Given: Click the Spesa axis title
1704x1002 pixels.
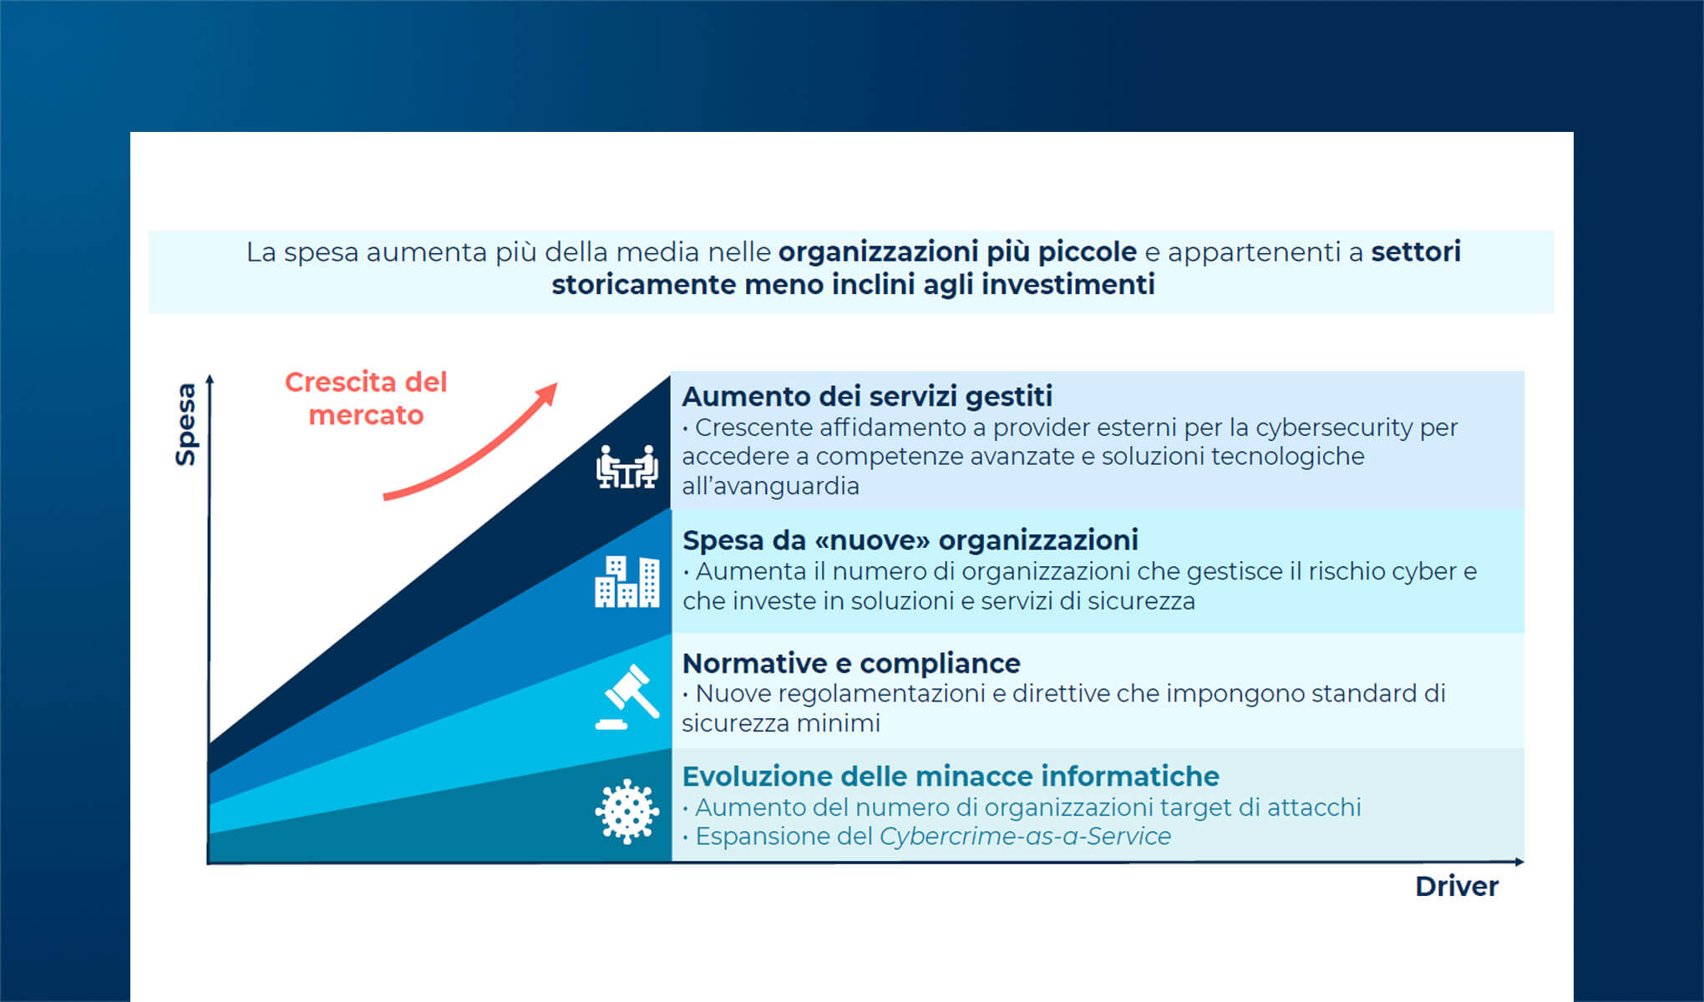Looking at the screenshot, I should (185, 424).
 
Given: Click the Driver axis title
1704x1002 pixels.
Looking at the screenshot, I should (1457, 886).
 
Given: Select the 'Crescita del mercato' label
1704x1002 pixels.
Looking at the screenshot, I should (366, 398).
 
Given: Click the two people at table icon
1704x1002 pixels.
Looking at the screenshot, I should (626, 467).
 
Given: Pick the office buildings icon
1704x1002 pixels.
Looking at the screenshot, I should (626, 582).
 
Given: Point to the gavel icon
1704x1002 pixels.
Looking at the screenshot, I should (628, 697).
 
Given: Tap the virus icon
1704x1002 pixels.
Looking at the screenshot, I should (626, 812).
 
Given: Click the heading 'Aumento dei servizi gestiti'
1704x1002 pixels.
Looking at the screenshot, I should (867, 396).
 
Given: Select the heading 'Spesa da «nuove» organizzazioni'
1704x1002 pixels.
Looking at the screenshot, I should (910, 540).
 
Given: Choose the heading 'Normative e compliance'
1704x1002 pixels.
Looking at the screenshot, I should (851, 663).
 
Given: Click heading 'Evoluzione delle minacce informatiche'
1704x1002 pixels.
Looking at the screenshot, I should (951, 777).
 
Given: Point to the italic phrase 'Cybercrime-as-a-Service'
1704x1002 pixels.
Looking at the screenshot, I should (1025, 836).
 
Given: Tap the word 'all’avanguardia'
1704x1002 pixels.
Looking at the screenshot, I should (770, 486).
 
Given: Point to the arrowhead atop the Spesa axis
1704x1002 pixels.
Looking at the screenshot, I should (210, 379).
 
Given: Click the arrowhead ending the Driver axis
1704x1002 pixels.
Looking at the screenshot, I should (1519, 862).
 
